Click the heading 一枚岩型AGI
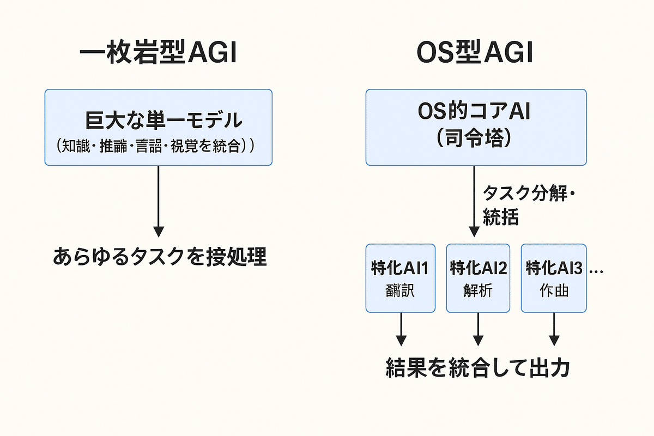158,55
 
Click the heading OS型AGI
475,55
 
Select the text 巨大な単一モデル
158,120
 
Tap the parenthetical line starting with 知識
158,146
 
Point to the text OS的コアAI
475,113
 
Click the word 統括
501,217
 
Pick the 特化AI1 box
401,278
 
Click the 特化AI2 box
478,278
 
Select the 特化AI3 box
554,278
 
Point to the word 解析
478,291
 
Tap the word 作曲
554,291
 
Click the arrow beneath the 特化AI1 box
401,329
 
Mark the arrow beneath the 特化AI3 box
554,329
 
